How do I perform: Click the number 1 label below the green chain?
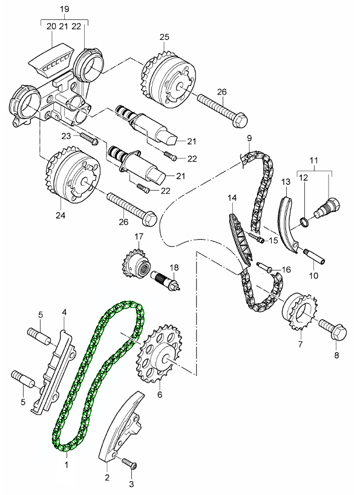67,465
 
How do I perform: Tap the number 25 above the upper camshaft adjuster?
165,38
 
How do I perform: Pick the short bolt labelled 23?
88,140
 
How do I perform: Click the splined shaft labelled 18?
167,280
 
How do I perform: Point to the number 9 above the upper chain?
248,139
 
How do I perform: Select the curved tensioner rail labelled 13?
286,224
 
